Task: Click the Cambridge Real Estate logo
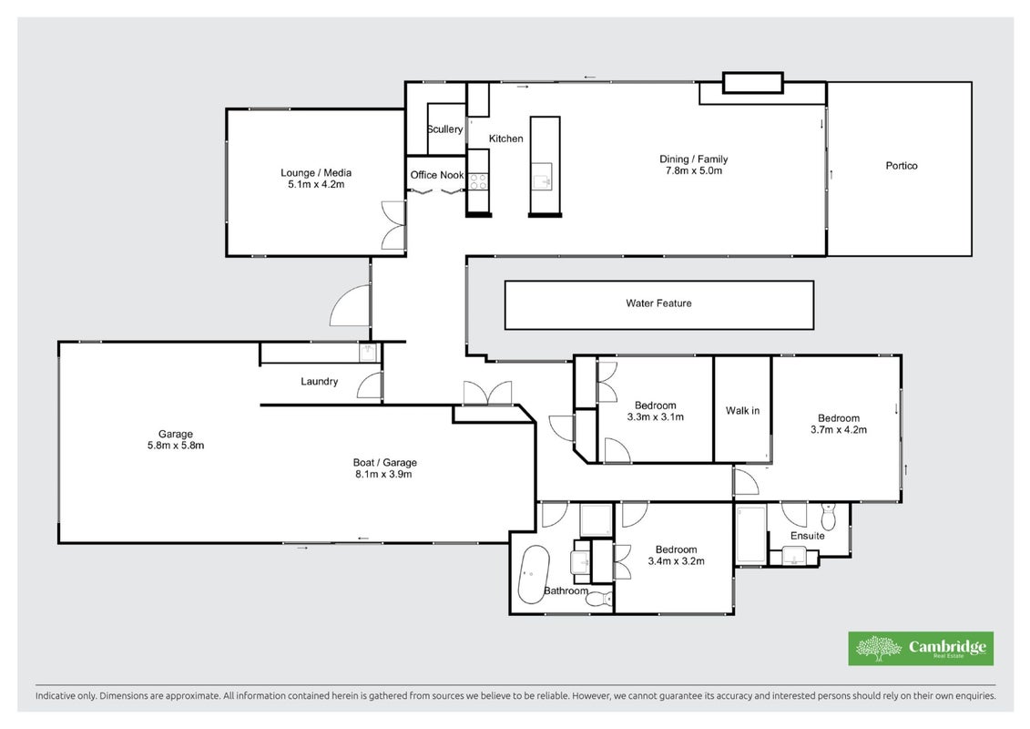coord(921,648)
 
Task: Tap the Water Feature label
coord(658,303)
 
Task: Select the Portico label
coord(902,166)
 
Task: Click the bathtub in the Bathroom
coord(534,574)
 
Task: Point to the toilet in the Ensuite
coord(828,515)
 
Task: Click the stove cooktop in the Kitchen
coord(478,181)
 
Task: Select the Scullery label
coord(444,129)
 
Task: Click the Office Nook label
coord(437,175)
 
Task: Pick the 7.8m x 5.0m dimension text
coord(693,171)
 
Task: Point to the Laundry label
coord(320,381)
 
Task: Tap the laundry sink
coord(368,353)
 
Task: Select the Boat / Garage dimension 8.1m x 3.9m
coord(383,474)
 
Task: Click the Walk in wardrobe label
coord(742,411)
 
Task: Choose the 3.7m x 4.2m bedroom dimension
coord(838,430)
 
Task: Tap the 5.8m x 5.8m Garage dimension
coord(176,445)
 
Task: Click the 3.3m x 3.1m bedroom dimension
coord(655,416)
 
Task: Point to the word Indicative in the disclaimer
coord(56,695)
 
